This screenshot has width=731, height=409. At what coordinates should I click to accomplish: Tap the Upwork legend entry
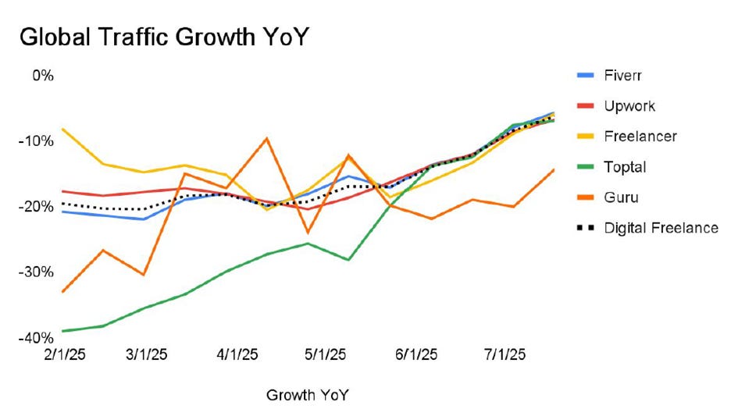coord(629,106)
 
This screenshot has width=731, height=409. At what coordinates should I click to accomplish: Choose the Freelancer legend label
coord(640,137)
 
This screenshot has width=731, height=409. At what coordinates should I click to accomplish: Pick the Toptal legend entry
coord(624,167)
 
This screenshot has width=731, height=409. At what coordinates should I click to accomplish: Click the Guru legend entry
coord(621,197)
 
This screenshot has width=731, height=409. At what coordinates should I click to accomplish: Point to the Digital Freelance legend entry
coord(661,228)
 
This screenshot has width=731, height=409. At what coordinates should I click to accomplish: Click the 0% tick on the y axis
coord(42,76)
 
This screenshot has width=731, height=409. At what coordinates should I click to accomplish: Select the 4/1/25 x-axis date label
coord(237,354)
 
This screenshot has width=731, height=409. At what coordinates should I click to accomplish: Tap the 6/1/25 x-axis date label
coord(415,354)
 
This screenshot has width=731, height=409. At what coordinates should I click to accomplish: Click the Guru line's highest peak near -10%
coord(267,138)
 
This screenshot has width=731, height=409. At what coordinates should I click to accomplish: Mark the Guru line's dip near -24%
coord(308,233)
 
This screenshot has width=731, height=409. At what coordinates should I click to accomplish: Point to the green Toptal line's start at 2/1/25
coord(62,331)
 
